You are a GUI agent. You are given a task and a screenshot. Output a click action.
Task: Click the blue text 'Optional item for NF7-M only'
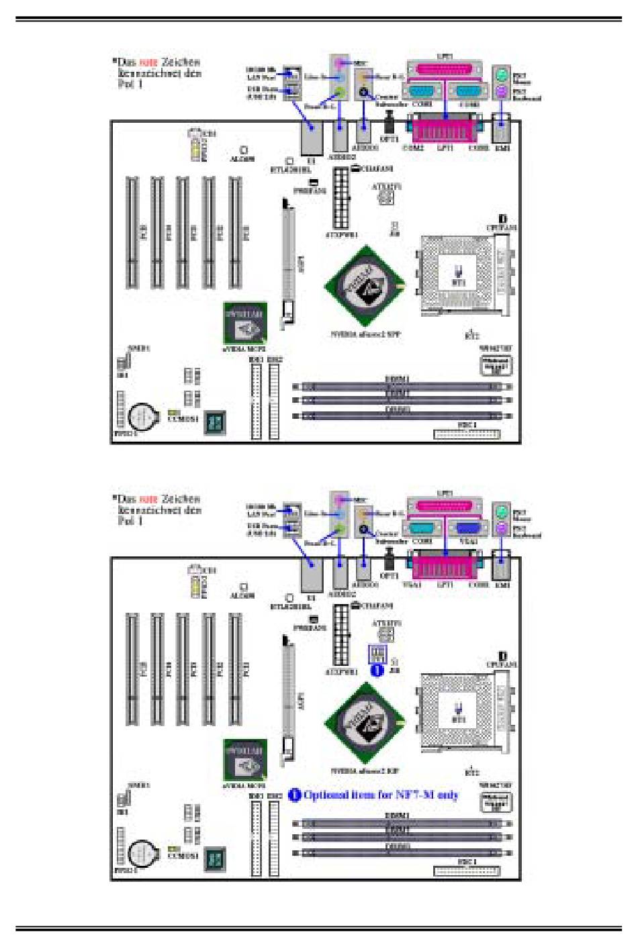(381, 795)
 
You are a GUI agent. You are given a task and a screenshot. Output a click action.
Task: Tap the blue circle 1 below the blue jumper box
(377, 670)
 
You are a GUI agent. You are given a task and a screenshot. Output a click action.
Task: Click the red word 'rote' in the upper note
(148, 62)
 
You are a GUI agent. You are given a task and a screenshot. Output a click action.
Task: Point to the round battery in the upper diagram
(142, 417)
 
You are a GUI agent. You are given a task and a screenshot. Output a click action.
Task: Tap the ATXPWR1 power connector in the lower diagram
(341, 634)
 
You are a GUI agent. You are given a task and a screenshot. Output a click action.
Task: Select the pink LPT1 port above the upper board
(445, 70)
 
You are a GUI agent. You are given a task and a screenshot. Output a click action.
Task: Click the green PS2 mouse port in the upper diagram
(501, 75)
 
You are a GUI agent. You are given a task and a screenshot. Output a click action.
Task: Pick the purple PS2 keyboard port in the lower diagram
(501, 528)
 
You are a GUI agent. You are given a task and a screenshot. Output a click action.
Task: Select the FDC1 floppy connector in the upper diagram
(467, 434)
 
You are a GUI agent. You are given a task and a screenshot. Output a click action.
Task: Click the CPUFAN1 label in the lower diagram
(502, 664)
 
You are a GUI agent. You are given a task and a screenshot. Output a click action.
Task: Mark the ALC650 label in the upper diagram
(242, 159)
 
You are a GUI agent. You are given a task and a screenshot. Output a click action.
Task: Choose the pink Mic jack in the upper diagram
(341, 63)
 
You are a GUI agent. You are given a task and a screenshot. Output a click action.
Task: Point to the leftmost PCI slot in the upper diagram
(132, 232)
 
